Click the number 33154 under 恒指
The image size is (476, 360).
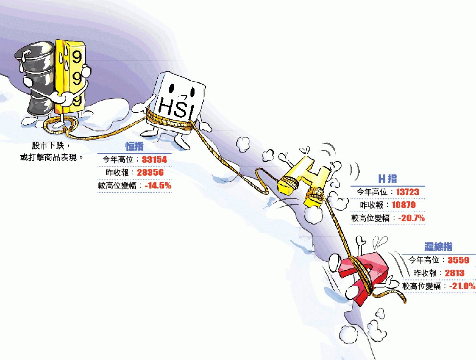tap(154, 159)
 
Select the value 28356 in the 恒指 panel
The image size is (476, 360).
tap(150, 173)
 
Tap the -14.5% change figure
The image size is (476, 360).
tap(158, 186)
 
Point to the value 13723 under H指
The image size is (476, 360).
tap(407, 192)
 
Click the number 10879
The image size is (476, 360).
tap(404, 205)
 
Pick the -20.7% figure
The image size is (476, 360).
tap(411, 218)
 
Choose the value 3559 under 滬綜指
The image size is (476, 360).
tap(458, 260)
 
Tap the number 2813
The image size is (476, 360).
tap(454, 273)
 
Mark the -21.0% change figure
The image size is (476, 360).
tap(462, 286)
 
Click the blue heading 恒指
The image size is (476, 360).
tap(135, 146)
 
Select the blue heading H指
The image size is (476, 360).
tap(388, 179)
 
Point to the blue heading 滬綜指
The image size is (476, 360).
tap(438, 246)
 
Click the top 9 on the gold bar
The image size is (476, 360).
tap(77, 57)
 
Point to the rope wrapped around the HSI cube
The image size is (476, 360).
tap(170, 121)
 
